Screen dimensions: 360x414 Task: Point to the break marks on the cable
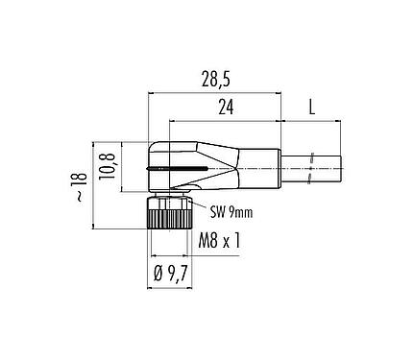(311, 169)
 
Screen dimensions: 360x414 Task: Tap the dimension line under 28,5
(216, 93)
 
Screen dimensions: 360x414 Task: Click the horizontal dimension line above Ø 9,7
(169, 261)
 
